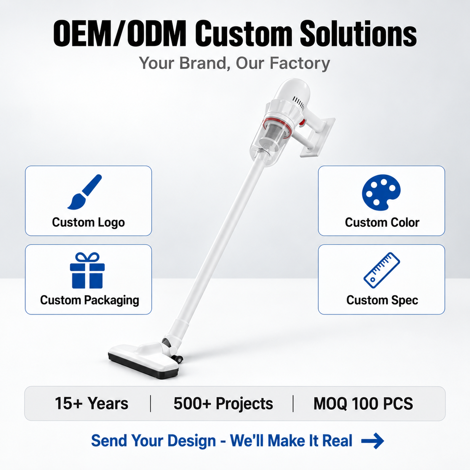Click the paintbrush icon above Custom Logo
click(85, 192)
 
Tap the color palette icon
click(381, 192)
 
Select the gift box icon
click(87, 270)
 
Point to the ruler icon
click(381, 270)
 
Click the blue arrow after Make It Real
click(373, 441)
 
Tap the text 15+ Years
click(92, 403)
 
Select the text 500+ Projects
click(223, 403)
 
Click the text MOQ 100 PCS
click(363, 403)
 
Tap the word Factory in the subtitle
click(300, 63)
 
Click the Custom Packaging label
click(90, 300)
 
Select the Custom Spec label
click(382, 300)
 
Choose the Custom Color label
click(382, 222)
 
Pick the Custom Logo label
click(89, 223)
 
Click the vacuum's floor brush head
click(144, 362)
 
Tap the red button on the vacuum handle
click(302, 122)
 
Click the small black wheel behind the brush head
click(179, 359)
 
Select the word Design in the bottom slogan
click(191, 441)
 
